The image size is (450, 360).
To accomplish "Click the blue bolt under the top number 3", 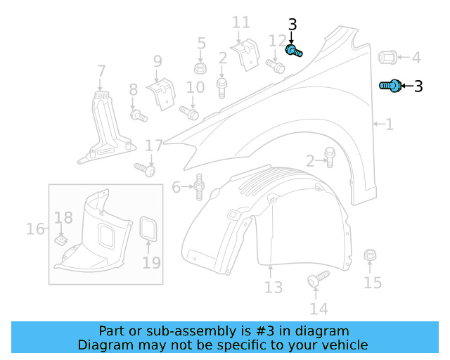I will click(x=294, y=51).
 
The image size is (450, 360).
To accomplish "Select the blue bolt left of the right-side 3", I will click(x=390, y=86).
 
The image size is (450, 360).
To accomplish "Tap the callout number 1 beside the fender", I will click(x=389, y=124).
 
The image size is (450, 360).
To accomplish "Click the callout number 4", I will click(x=416, y=58).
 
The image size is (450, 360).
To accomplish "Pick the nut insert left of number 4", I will click(x=387, y=57).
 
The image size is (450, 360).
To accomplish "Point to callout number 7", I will click(x=101, y=71).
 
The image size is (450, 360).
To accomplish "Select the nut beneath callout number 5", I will click(x=201, y=69).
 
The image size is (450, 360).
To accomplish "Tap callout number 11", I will click(x=240, y=23).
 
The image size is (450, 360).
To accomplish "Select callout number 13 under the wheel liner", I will click(x=273, y=287).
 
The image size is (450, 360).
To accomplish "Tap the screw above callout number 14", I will click(x=318, y=278).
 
